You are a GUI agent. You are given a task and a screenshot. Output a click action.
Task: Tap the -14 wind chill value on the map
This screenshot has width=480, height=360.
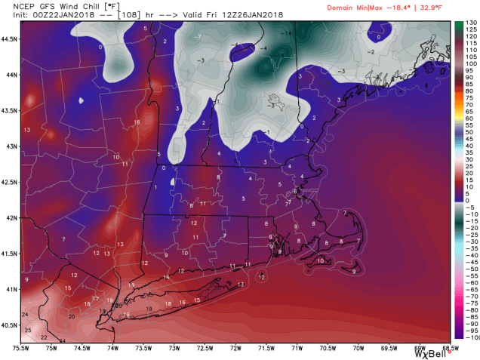click(x=287, y=34)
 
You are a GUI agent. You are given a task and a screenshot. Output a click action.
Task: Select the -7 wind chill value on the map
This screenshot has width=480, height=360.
click(x=197, y=36)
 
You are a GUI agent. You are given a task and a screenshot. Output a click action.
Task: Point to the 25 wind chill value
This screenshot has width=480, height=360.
click(x=28, y=331)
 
